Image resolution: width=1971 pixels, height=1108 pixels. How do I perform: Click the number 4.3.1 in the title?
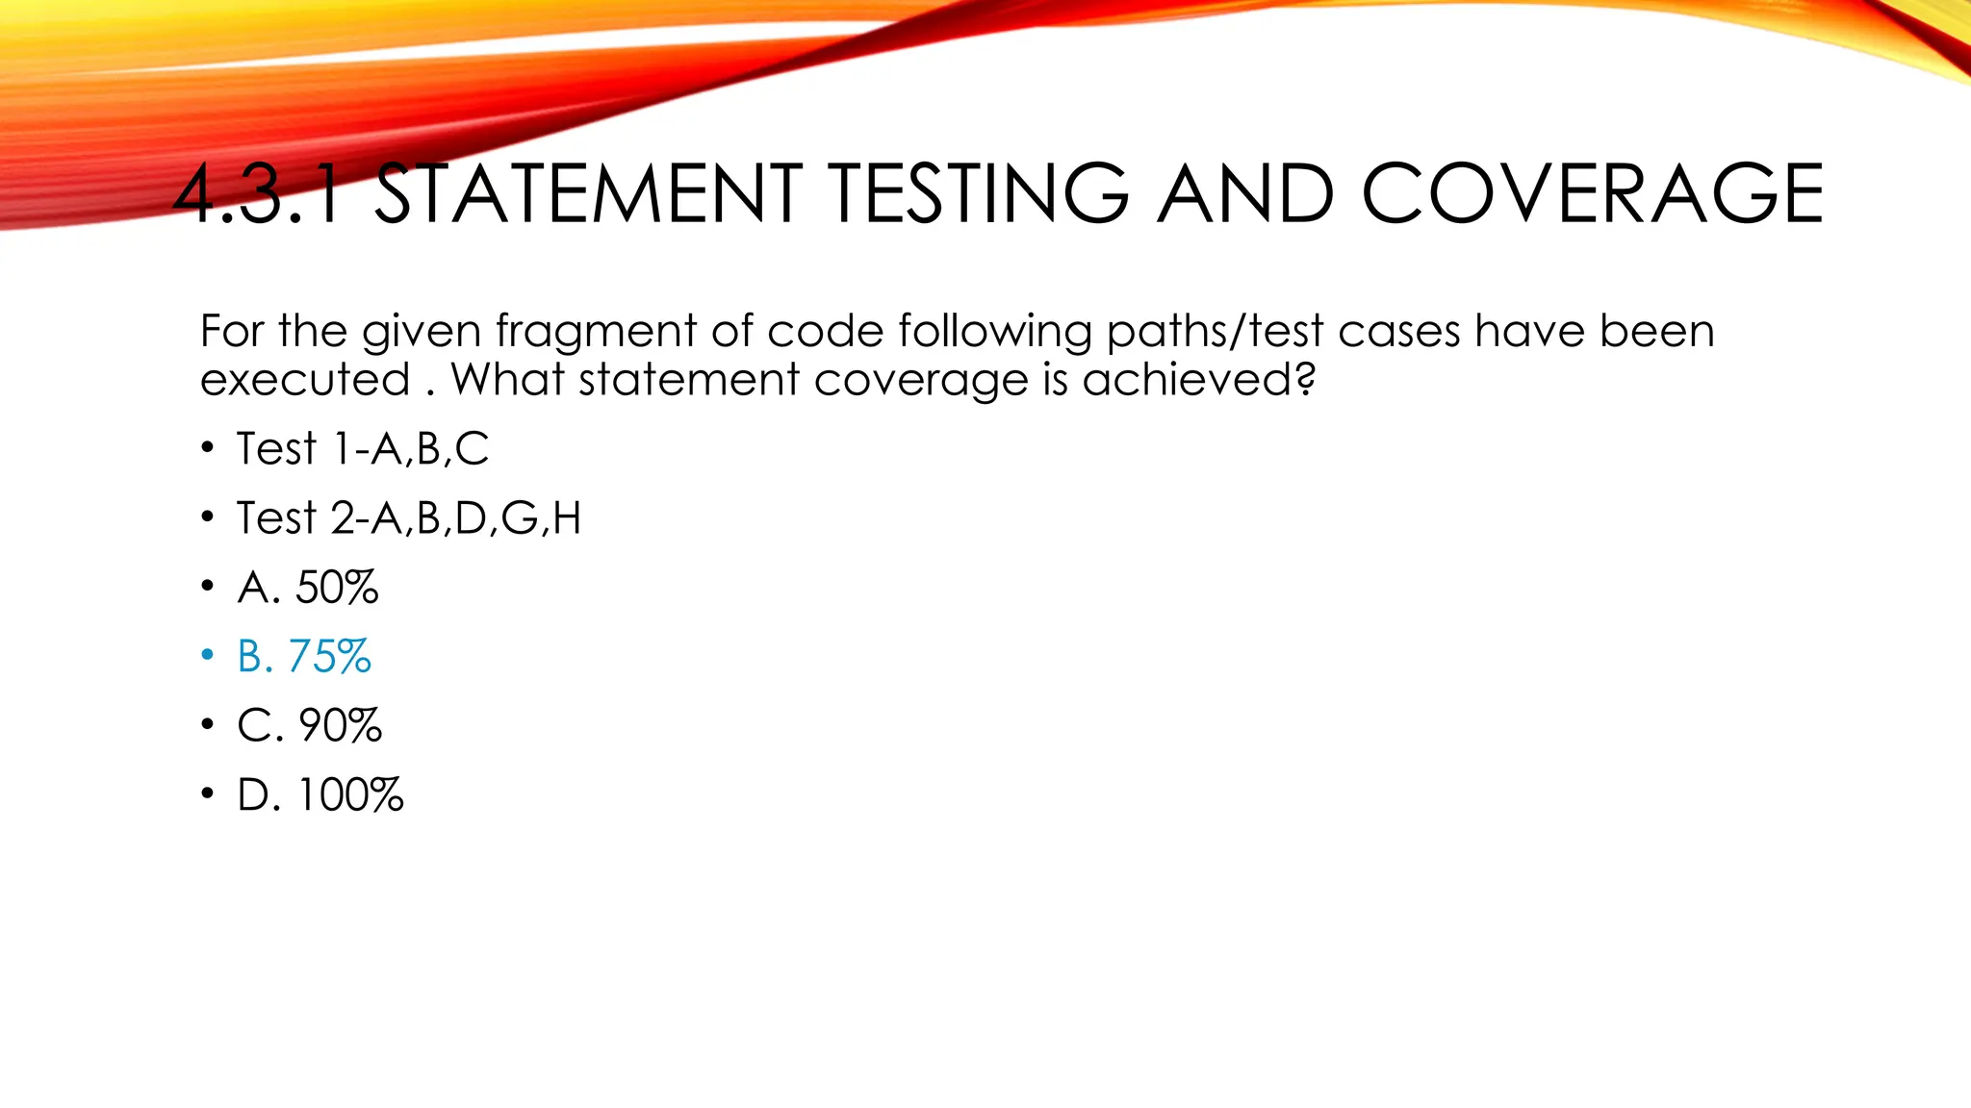[258, 194]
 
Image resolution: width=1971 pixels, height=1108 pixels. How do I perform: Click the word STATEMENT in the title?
[587, 194]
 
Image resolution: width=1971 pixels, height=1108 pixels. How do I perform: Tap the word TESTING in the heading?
[979, 194]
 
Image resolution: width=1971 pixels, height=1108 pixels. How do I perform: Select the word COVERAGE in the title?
[1592, 194]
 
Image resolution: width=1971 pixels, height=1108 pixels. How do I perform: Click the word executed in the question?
[305, 379]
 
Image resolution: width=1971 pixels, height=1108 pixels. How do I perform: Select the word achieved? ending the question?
[1199, 379]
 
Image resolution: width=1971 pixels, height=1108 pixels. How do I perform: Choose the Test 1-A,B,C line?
[362, 449]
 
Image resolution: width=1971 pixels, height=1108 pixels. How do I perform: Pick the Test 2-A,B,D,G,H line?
[409, 518]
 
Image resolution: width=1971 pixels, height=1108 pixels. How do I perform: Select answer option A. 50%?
[308, 588]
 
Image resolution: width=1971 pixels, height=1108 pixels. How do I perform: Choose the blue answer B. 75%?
[304, 657]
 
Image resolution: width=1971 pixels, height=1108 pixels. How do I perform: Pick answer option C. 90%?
[310, 726]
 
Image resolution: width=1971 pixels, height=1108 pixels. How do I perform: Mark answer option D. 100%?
[320, 795]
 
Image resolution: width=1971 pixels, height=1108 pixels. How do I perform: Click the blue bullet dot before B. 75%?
[207, 656]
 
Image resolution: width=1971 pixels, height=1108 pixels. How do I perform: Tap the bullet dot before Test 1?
[207, 448]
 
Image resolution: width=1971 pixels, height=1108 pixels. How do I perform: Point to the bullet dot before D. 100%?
[207, 794]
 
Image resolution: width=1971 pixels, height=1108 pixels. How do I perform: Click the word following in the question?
[995, 333]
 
